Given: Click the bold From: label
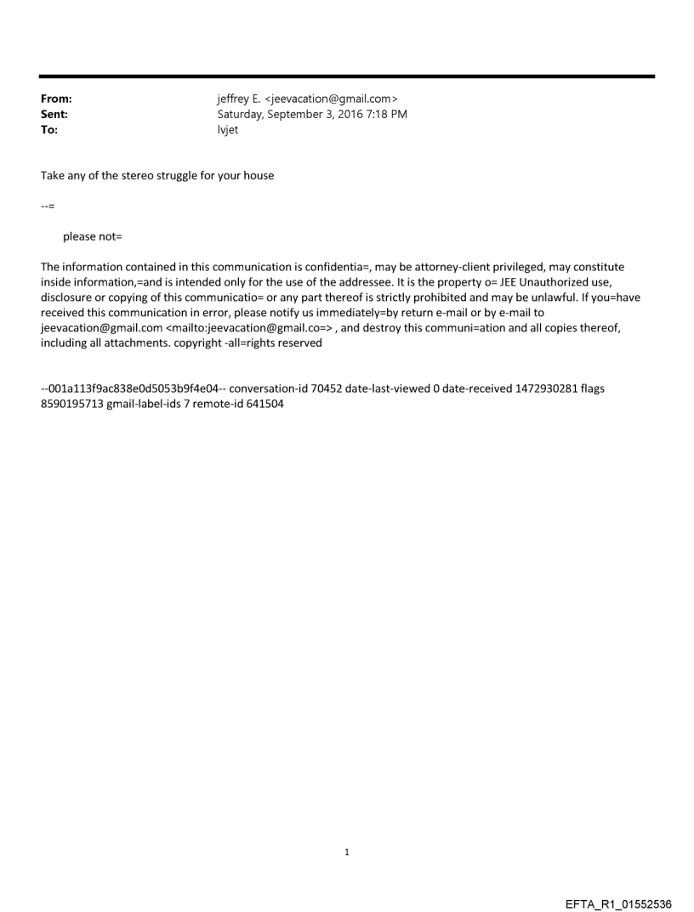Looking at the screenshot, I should click(x=56, y=99).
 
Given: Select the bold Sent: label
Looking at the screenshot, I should click(x=54, y=114).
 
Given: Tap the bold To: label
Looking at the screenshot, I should click(x=49, y=129).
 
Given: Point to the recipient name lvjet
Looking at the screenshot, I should click(x=228, y=129).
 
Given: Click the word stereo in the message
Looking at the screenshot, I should click(x=144, y=176).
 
